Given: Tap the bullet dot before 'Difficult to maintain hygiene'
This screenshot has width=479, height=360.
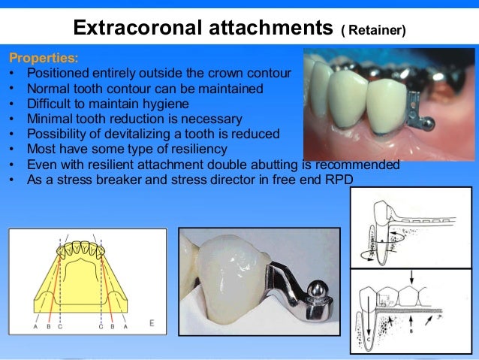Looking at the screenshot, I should (14, 104).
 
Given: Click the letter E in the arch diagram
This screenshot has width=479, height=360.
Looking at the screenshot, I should (152, 323).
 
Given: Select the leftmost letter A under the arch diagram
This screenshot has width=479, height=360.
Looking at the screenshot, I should (35, 326).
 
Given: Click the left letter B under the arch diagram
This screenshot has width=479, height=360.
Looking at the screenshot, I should (47, 326).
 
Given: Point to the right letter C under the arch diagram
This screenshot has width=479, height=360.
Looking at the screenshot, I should (101, 326).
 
